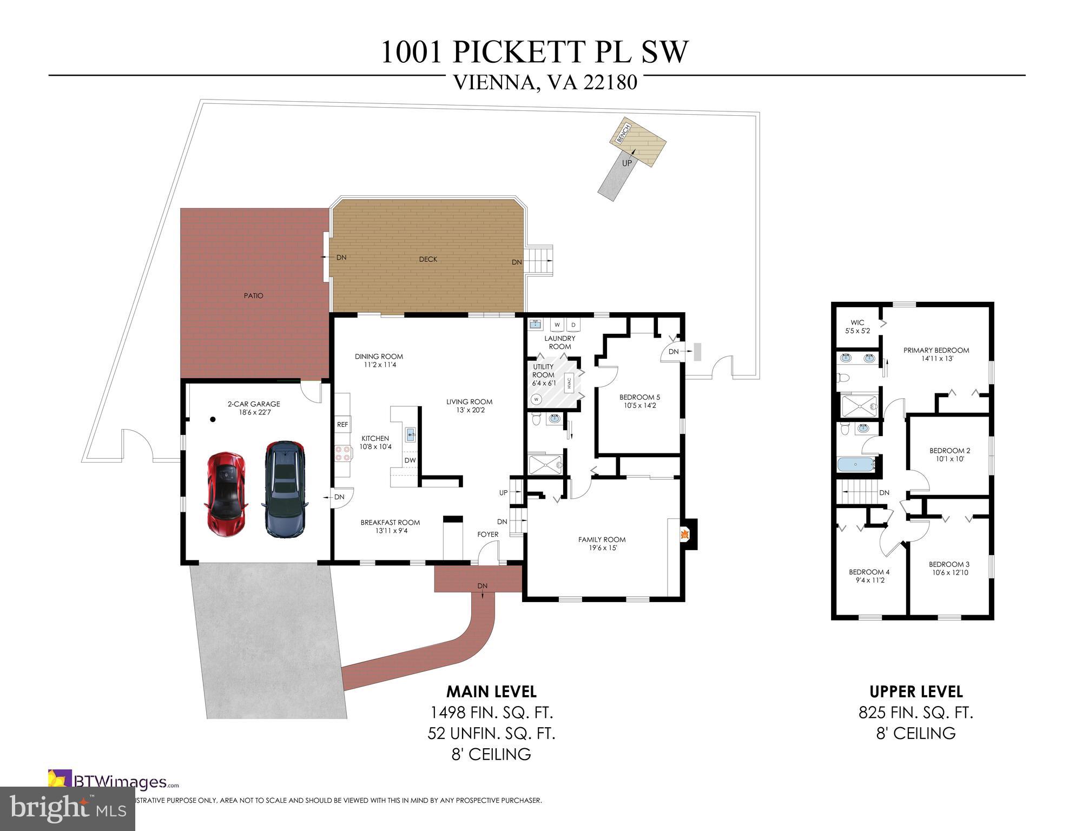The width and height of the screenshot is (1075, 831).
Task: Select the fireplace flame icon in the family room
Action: point(684,535)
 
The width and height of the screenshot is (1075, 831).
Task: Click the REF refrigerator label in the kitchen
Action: point(342,425)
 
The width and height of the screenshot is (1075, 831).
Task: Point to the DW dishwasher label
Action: point(410,460)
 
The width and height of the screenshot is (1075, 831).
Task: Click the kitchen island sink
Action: point(411,433)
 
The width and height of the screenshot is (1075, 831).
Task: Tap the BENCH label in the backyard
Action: point(623,133)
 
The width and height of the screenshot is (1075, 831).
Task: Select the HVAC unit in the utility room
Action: point(570,383)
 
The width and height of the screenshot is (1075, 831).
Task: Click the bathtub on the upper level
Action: point(856,465)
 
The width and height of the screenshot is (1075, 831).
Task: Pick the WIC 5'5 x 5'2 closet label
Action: point(858,326)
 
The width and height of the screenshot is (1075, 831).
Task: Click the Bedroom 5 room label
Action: point(639,401)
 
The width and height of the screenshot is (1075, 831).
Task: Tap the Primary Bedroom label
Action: point(936,354)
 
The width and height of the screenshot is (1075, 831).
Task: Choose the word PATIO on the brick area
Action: point(253,296)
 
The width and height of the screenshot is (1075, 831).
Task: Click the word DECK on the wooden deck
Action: point(428,259)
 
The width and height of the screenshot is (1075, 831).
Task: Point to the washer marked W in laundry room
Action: point(556,325)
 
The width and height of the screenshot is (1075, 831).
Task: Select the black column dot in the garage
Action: point(213,419)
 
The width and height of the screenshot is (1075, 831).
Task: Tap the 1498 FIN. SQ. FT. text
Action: point(491,713)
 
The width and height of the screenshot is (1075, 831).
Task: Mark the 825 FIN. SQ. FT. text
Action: point(915,713)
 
